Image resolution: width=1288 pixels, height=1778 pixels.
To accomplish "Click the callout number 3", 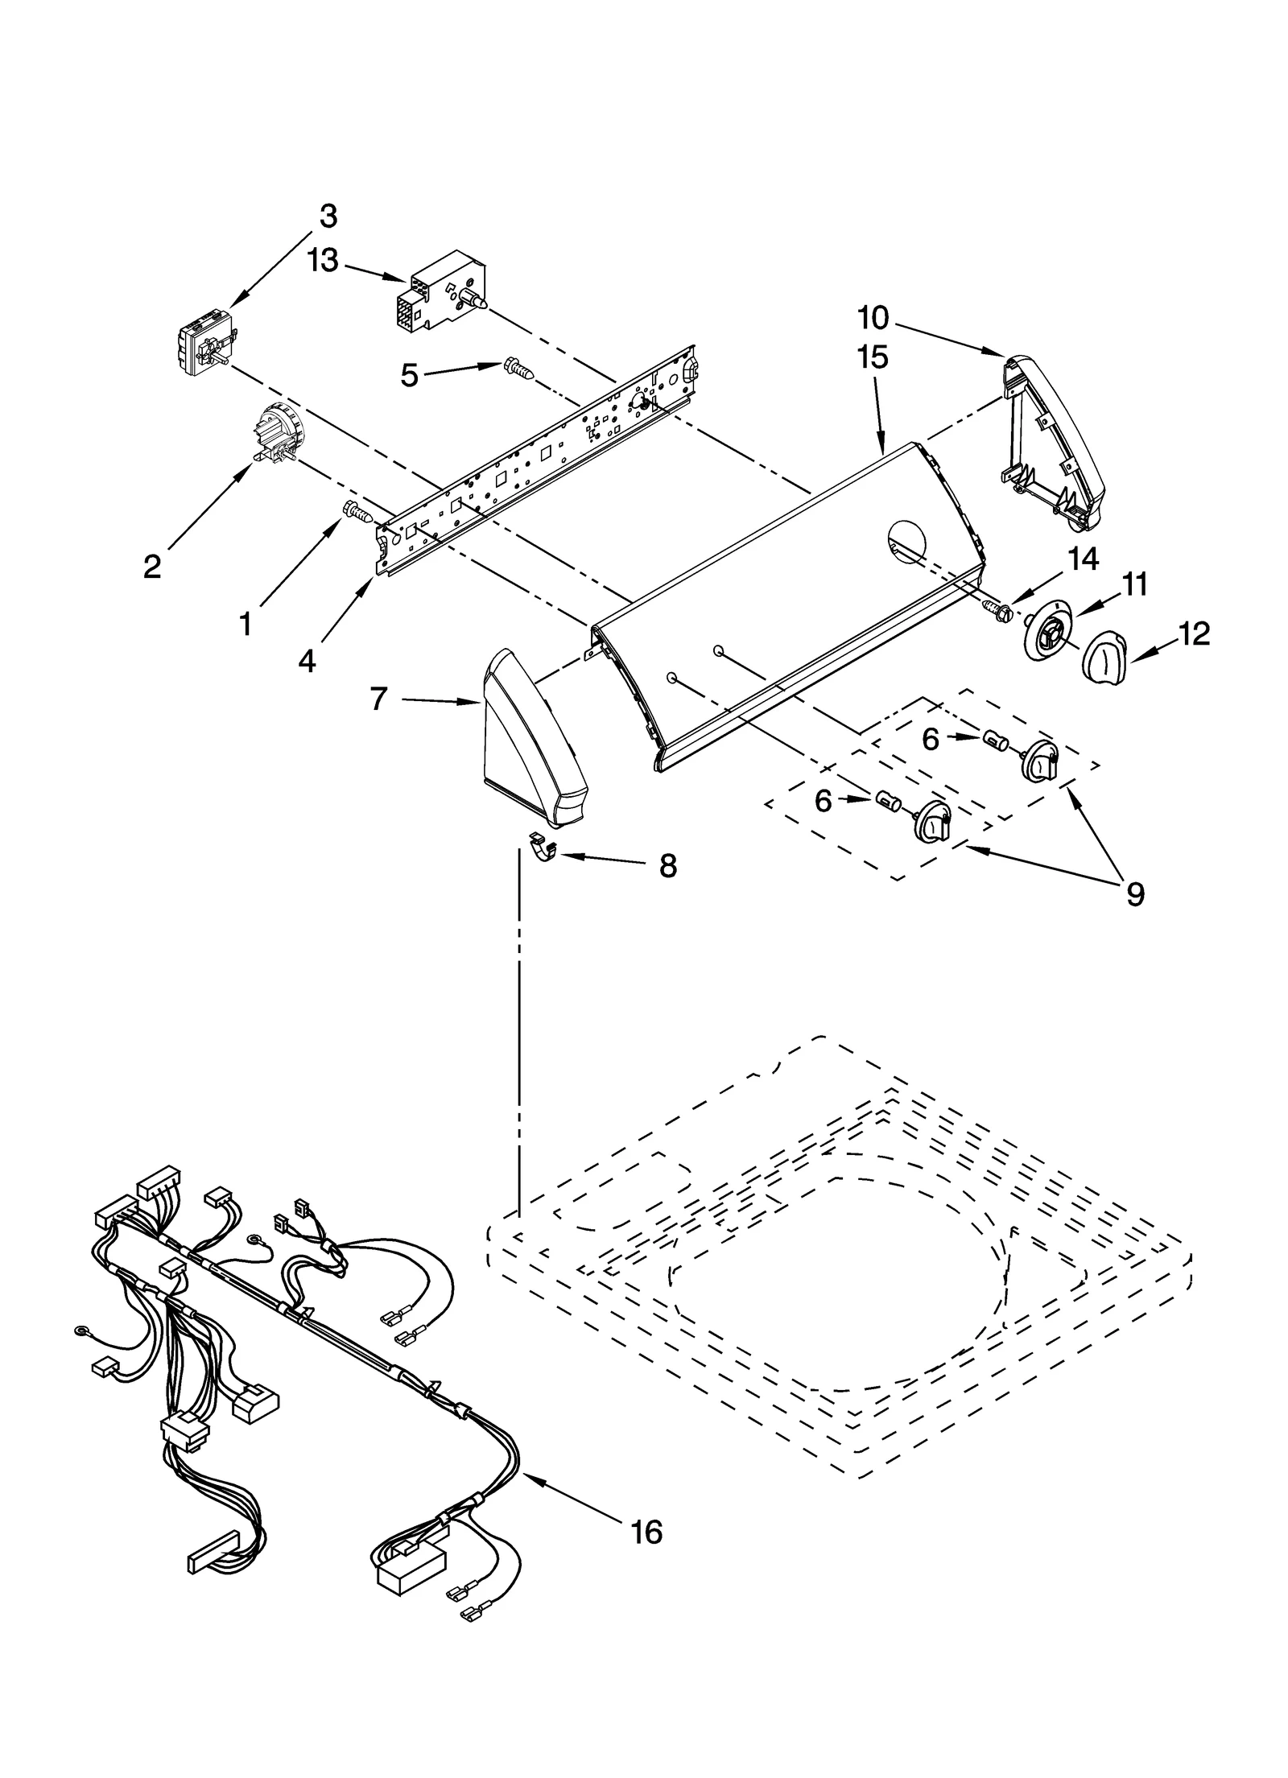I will (x=328, y=216).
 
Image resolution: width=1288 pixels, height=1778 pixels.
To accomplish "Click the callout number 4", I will (x=307, y=661).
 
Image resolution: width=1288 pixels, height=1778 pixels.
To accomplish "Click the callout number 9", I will (x=1135, y=894).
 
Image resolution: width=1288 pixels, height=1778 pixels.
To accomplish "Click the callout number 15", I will (x=873, y=357).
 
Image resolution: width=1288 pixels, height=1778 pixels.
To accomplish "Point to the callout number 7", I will (x=379, y=699).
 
